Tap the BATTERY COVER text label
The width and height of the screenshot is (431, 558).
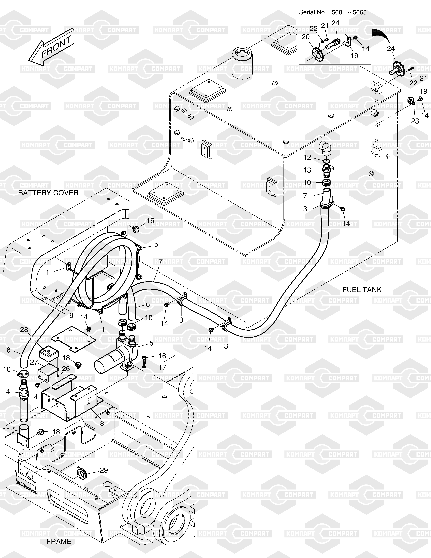[48, 193]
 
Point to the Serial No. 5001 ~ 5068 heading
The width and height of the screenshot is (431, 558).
[333, 12]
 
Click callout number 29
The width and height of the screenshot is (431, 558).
[104, 470]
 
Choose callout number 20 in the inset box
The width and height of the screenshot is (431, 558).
[306, 37]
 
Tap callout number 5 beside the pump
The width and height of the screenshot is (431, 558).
[151, 343]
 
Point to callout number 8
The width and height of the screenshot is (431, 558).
[102, 424]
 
